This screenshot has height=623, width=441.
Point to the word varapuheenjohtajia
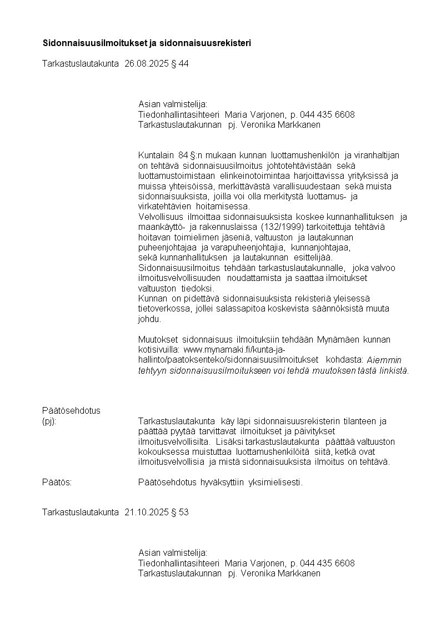coord(253,247)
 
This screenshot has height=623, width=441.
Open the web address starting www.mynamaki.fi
coord(234,349)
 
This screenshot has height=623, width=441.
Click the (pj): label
coord(49,421)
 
